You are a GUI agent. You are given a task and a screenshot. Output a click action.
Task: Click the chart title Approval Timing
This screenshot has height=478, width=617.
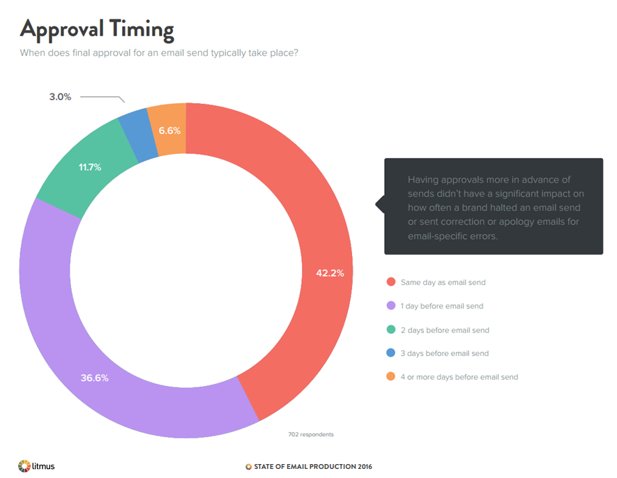click(96, 29)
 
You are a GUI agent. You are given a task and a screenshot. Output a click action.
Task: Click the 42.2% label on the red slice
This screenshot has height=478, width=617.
click(330, 273)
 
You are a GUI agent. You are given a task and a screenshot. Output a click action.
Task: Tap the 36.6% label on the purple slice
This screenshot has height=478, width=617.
click(95, 378)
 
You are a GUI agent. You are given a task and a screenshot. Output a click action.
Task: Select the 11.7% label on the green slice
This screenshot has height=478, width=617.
click(90, 167)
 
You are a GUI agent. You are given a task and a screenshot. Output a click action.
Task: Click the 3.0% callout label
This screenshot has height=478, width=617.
click(60, 97)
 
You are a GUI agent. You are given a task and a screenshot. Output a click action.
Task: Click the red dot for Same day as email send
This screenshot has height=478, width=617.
click(390, 282)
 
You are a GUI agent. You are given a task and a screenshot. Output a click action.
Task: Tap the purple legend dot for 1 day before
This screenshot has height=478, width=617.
click(390, 306)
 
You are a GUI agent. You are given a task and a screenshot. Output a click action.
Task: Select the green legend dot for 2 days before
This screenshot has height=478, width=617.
click(390, 330)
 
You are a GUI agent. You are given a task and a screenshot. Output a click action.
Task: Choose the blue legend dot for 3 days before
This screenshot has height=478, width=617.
click(390, 353)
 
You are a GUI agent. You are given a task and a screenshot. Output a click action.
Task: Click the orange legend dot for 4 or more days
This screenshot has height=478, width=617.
click(390, 377)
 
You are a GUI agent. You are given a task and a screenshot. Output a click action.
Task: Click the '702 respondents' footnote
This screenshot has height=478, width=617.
click(311, 434)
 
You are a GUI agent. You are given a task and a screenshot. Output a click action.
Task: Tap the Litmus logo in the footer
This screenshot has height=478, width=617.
click(36, 465)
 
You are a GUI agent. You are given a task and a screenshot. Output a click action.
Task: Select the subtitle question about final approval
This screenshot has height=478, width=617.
click(159, 52)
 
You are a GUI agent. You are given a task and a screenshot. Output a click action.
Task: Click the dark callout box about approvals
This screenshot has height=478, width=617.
click(493, 206)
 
